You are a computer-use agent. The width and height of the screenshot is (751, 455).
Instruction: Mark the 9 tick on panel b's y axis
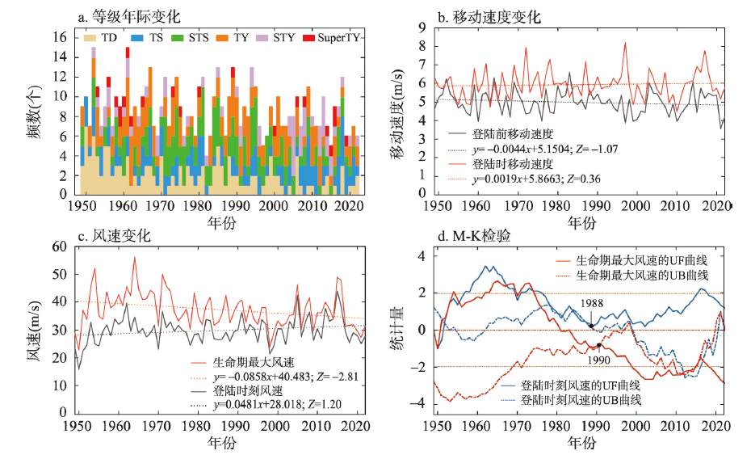click(422, 27)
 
